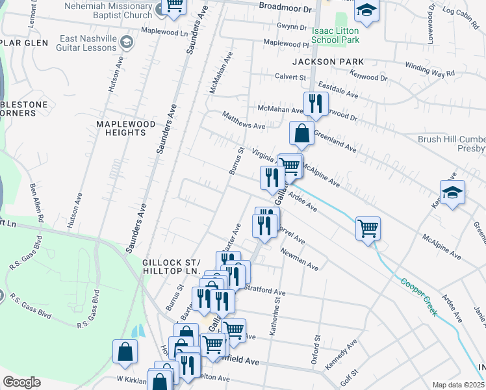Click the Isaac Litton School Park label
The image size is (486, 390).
pyautogui.click(x=335, y=35)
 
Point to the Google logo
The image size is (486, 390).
pyautogui.click(x=21, y=382)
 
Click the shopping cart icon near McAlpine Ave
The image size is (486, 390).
pyautogui.click(x=368, y=229)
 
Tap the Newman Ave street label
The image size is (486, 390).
pyautogui.click(x=300, y=259)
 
